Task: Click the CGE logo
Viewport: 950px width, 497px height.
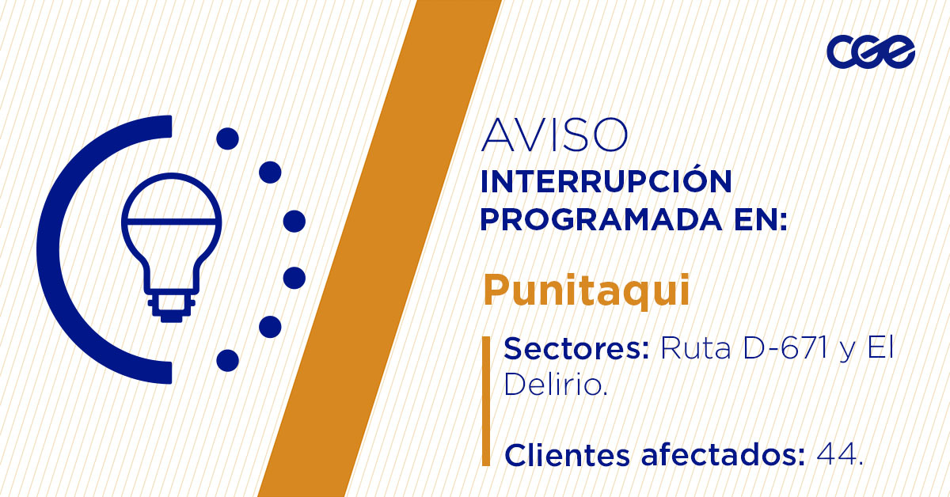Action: coord(871,52)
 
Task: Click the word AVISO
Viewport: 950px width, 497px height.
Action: coord(554,136)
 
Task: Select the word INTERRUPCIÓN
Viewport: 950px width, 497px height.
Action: coord(606,182)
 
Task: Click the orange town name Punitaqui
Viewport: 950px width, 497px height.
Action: coord(587,290)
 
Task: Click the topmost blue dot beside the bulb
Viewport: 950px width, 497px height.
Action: coord(227,139)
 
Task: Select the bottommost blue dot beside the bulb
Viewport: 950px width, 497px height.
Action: coord(227,360)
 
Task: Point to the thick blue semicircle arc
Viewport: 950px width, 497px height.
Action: coord(59,249)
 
